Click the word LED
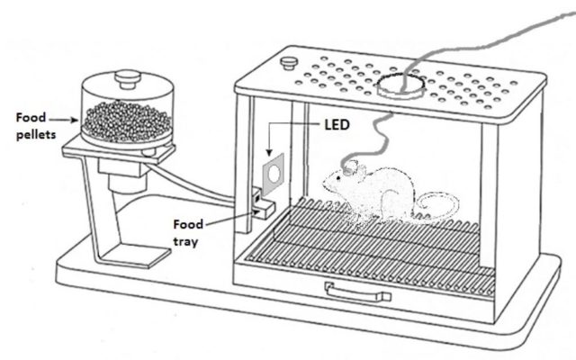click(x=337, y=125)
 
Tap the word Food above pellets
click(x=31, y=118)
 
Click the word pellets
click(x=36, y=135)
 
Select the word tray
click(x=185, y=242)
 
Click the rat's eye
click(x=338, y=178)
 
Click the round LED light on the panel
click(x=274, y=174)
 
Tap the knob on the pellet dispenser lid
click(x=128, y=78)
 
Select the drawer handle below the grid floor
click(x=357, y=292)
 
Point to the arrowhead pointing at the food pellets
click(x=75, y=120)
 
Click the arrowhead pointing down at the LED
click(x=269, y=152)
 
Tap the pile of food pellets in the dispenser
click(x=127, y=121)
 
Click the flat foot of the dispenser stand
click(x=134, y=256)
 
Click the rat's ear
click(x=361, y=172)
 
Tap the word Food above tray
click(x=188, y=224)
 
